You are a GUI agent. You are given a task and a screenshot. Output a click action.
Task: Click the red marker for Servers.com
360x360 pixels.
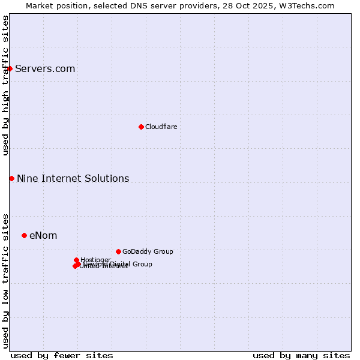pyautogui.click(x=10, y=68)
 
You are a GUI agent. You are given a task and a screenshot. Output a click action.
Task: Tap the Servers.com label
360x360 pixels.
pyautogui.click(x=45, y=68)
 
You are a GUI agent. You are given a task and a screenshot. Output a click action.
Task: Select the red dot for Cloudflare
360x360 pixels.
pyautogui.click(x=141, y=127)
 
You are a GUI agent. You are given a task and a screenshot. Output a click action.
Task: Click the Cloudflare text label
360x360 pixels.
pyautogui.click(x=161, y=127)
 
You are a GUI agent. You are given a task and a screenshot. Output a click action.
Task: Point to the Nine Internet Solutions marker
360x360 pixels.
pyautogui.click(x=11, y=178)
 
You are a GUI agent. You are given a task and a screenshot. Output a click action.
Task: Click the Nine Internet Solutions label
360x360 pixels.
pyautogui.click(x=73, y=178)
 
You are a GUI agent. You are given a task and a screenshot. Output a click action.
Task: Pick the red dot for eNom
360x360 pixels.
pyautogui.click(x=24, y=235)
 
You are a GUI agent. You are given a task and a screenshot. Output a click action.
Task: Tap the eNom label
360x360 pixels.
pyautogui.click(x=43, y=235)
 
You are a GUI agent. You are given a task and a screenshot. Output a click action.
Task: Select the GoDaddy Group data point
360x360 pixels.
pyautogui.click(x=118, y=251)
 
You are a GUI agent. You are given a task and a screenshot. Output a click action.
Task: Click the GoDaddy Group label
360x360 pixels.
pyautogui.click(x=147, y=251)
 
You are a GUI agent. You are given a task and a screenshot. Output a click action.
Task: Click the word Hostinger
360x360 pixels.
pyautogui.click(x=95, y=260)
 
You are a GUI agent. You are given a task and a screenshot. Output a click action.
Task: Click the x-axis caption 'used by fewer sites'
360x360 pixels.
pyautogui.click(x=61, y=355)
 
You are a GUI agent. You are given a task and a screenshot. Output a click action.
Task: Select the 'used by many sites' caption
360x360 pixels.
pyautogui.click(x=301, y=355)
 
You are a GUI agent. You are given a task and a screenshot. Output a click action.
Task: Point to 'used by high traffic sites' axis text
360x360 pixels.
pyautogui.click(x=5, y=85)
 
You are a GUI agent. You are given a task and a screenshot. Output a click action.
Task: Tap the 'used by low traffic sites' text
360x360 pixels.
pyautogui.click(x=5, y=280)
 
